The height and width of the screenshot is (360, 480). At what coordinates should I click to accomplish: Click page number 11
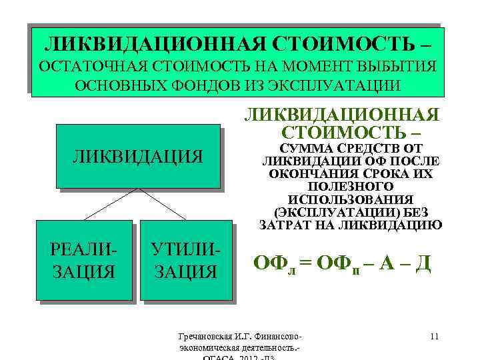(x=434, y=335)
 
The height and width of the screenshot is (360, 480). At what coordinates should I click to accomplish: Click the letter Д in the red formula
(x=423, y=264)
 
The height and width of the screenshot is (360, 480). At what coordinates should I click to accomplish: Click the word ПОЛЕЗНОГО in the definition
(x=350, y=187)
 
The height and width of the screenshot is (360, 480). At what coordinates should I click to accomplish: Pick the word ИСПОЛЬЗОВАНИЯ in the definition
(x=350, y=199)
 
